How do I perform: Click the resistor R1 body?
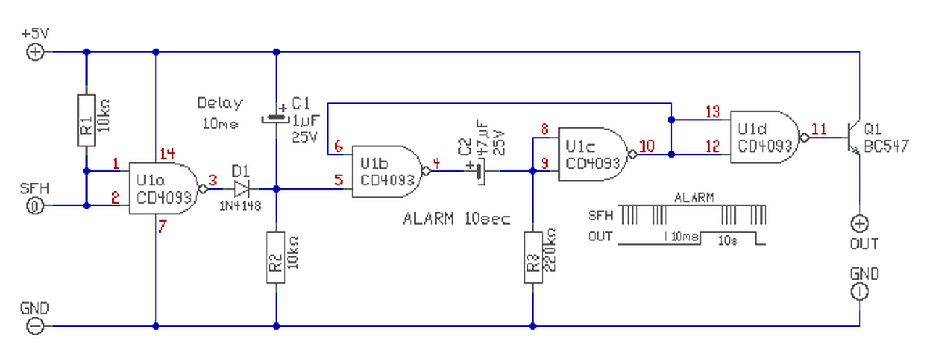click(86, 120)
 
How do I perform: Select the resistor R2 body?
click(276, 257)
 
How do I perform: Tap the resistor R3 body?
click(533, 257)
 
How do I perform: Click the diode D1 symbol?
click(241, 189)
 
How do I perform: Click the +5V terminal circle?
click(35, 52)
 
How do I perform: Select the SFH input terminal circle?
click(35, 206)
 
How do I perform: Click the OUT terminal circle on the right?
click(860, 224)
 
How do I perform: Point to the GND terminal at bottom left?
click(35, 326)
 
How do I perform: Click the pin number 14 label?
click(167, 154)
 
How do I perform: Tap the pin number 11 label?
click(818, 129)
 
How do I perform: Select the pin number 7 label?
click(162, 226)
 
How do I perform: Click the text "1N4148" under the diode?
click(240, 205)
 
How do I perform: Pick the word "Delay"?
click(219, 103)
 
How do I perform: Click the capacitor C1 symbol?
click(276, 120)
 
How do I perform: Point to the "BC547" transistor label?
click(886, 146)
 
